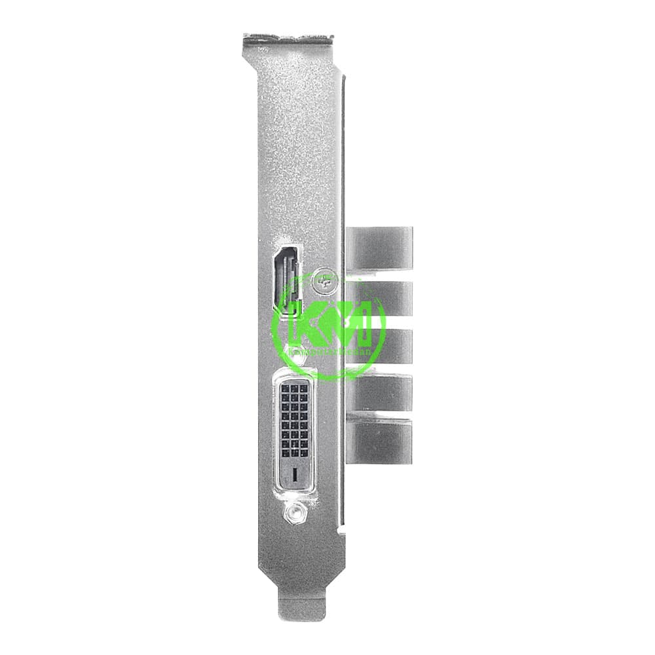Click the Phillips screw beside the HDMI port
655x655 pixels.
point(324,280)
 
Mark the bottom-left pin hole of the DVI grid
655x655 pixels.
point(285,452)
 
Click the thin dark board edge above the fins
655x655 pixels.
point(343,151)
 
